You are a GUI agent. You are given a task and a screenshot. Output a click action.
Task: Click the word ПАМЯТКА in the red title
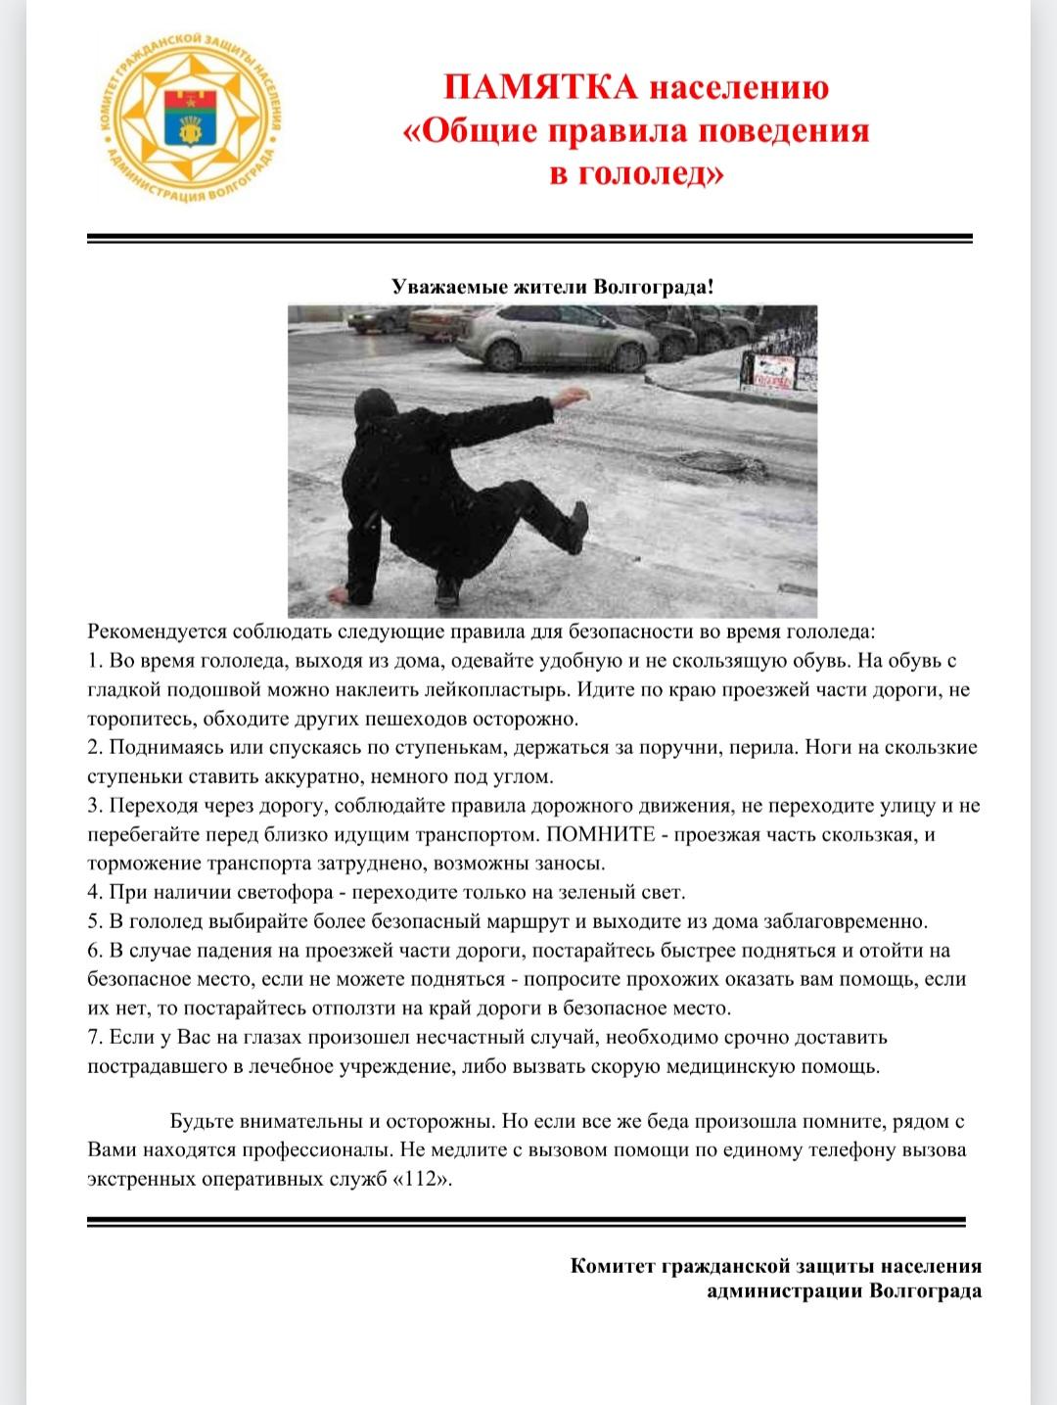pyautogui.click(x=541, y=87)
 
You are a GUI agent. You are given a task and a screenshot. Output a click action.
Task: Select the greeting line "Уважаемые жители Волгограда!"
pyautogui.click(x=553, y=287)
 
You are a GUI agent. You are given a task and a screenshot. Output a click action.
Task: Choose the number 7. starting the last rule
pyautogui.click(x=95, y=1037)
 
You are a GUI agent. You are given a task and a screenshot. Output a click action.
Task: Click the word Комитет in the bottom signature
pyautogui.click(x=613, y=1266)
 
